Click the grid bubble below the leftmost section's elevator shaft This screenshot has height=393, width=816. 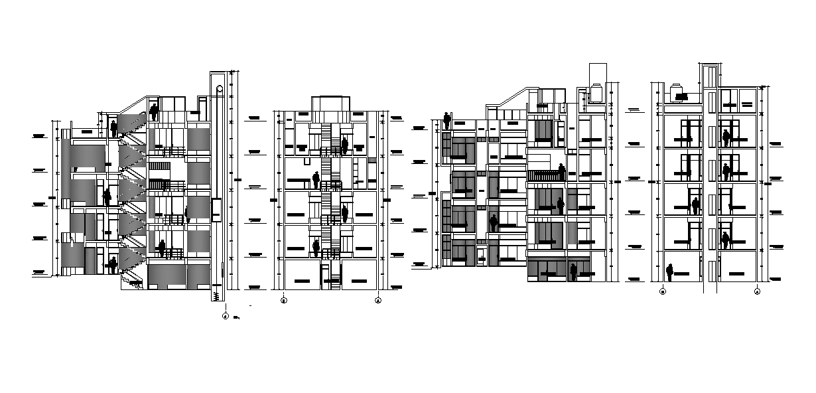(226, 316)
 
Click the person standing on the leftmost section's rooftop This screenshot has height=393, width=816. (154, 111)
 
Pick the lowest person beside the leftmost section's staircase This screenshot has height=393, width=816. (113, 265)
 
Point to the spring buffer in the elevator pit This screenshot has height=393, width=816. (216, 296)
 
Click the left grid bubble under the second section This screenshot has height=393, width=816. (284, 300)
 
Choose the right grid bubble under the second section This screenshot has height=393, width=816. (378, 300)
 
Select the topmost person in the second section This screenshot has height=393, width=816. (345, 145)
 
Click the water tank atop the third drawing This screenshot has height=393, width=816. (594, 93)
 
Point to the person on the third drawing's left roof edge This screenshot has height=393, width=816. (447, 121)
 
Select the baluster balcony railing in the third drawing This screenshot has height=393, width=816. (544, 175)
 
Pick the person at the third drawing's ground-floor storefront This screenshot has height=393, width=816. (573, 270)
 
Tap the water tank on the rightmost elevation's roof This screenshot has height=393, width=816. (679, 92)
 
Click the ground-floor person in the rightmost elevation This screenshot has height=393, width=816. (670, 272)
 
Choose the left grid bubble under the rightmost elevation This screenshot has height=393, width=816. (663, 291)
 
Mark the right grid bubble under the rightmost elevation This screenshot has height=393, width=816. (757, 291)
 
